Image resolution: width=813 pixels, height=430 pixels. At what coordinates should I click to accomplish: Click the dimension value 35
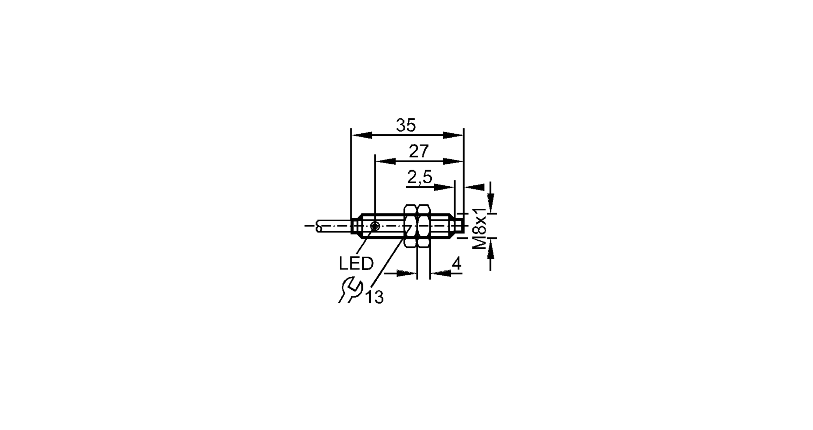click(x=406, y=126)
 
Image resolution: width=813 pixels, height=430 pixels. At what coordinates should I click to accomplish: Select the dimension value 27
click(x=419, y=152)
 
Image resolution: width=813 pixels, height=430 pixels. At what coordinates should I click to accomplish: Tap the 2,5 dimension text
click(x=420, y=178)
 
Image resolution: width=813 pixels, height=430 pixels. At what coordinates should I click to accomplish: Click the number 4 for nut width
click(x=456, y=264)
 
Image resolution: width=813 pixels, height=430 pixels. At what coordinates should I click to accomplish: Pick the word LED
click(x=356, y=264)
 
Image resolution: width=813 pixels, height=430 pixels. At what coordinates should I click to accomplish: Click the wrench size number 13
click(x=374, y=298)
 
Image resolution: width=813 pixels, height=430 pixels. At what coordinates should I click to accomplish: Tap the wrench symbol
click(x=350, y=289)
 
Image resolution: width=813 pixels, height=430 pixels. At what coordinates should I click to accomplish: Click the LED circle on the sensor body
click(x=375, y=226)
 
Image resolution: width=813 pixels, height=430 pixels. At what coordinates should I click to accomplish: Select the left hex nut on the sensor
click(x=410, y=226)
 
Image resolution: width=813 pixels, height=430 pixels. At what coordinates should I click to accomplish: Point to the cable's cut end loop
click(x=319, y=226)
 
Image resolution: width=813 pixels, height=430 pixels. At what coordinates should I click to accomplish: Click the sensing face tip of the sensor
click(x=461, y=226)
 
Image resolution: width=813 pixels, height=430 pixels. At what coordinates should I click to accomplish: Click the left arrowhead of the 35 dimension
click(x=361, y=135)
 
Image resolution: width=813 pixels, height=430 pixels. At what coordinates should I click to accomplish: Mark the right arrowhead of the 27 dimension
click(x=453, y=161)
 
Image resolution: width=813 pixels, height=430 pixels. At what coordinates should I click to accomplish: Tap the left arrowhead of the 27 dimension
click(x=385, y=161)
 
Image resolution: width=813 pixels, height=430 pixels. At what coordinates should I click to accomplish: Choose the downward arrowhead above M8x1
click(x=491, y=201)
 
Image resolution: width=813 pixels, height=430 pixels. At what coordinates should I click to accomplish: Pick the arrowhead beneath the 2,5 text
click(x=443, y=187)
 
